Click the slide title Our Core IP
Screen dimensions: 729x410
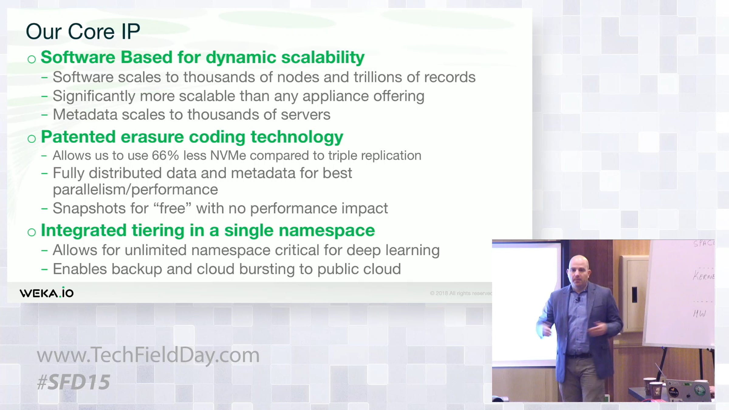tap(83, 31)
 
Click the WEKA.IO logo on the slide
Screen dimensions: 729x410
tap(46, 292)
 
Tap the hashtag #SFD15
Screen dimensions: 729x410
tap(73, 382)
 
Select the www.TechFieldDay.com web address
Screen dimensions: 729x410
tap(148, 355)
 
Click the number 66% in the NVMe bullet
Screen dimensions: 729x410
tap(165, 155)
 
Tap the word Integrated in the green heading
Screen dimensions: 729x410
tap(84, 231)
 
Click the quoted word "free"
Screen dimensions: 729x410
tap(172, 208)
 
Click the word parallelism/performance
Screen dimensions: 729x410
tap(135, 190)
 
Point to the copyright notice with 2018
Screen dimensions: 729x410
tap(461, 293)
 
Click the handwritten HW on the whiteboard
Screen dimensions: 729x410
tap(700, 314)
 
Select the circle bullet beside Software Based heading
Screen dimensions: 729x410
tap(32, 59)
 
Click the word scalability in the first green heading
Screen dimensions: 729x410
tap(323, 57)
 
